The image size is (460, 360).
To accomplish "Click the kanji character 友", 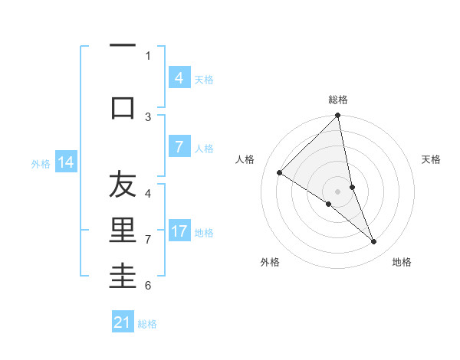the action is (x=123, y=186).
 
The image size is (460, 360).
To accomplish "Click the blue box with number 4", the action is (x=179, y=78).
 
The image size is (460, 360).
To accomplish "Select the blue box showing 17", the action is (x=179, y=231).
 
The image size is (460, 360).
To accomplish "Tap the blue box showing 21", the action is (x=122, y=322).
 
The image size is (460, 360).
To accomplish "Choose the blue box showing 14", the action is (x=65, y=162).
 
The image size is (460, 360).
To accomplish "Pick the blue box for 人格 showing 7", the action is (x=179, y=147).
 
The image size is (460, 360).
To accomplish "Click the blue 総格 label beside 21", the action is (x=147, y=324).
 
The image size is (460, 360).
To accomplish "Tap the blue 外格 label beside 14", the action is (x=41, y=163).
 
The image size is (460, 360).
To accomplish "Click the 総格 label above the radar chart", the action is (x=338, y=100).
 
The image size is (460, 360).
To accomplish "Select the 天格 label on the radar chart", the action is (x=432, y=159).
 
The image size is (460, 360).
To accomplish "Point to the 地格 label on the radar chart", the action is (x=402, y=262).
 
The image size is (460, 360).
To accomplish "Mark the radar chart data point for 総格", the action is (x=338, y=116).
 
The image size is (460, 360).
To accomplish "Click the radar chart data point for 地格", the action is (x=374, y=241).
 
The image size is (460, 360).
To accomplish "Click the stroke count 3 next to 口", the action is (x=149, y=116).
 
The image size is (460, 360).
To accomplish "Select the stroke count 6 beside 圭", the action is (x=149, y=285).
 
